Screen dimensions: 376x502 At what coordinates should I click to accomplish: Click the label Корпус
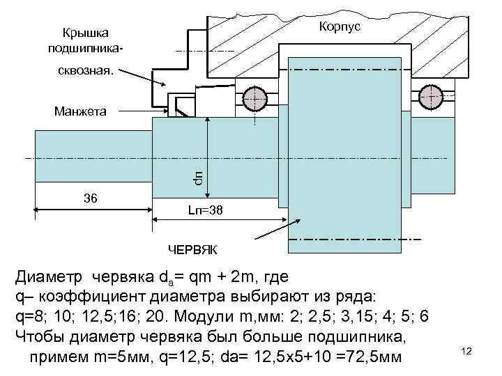coord(340,25)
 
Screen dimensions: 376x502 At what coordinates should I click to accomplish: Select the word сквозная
coord(87,70)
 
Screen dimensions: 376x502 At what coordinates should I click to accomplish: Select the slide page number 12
coord(467,352)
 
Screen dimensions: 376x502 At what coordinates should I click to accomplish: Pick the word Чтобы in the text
coord(40,337)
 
